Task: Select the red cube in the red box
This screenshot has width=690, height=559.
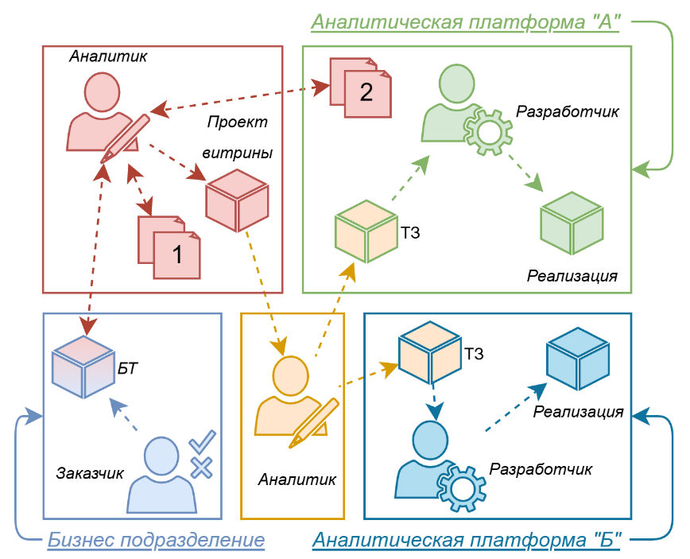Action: coord(237,200)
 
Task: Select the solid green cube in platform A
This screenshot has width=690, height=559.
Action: coord(572,222)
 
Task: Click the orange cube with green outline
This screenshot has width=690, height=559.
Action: coord(366,231)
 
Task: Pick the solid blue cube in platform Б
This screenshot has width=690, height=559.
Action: coord(578,359)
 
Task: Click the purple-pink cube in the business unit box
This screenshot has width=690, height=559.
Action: coord(83,366)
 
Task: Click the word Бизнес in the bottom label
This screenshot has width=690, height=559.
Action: coord(80,541)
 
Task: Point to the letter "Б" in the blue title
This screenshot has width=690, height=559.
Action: coord(607,541)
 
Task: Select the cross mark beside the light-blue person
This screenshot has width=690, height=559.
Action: coord(201,468)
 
